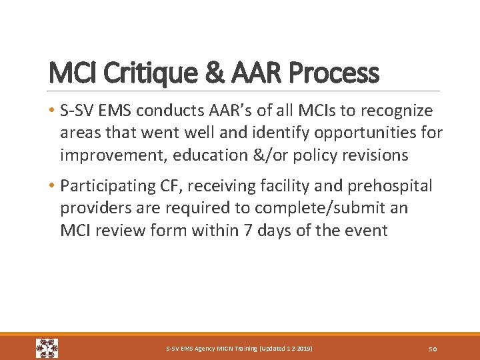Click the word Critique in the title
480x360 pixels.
click(128, 73)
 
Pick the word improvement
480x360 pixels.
click(113, 155)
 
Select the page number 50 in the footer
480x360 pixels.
click(431, 349)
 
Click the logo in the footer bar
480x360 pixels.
click(47, 348)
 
